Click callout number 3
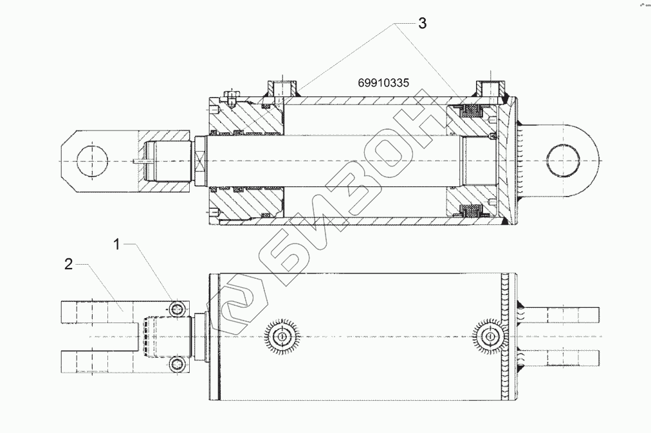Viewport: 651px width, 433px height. tap(422, 24)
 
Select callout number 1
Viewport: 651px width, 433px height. tap(116, 244)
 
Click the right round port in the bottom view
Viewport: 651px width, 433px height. tap(488, 335)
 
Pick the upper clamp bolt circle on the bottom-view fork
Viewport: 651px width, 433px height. tap(178, 308)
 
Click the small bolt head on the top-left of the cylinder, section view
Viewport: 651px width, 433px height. tap(230, 98)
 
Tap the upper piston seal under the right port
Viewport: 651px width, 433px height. tap(473, 111)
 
